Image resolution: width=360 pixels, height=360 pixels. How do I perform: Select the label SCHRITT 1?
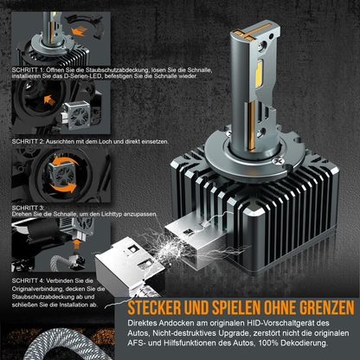pyautogui.click(x=28, y=70)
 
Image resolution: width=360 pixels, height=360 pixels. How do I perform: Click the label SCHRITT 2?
pyautogui.click(x=28, y=142)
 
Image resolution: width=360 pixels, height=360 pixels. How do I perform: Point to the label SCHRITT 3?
pyautogui.click(x=28, y=208)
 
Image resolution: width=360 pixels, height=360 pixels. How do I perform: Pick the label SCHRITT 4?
pyautogui.click(x=28, y=280)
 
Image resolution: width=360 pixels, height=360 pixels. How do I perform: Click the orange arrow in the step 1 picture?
pyautogui.click(x=78, y=31)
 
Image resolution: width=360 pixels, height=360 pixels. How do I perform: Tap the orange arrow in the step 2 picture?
pyautogui.click(x=49, y=100)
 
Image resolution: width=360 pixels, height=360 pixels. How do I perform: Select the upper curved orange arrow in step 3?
pyautogui.click(x=66, y=163)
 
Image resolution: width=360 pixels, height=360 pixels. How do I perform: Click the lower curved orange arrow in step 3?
pyautogui.click(x=63, y=188)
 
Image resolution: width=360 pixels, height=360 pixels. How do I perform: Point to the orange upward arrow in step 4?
pyautogui.click(x=76, y=245)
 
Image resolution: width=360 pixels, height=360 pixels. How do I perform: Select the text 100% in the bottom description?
pyautogui.click(x=268, y=344)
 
